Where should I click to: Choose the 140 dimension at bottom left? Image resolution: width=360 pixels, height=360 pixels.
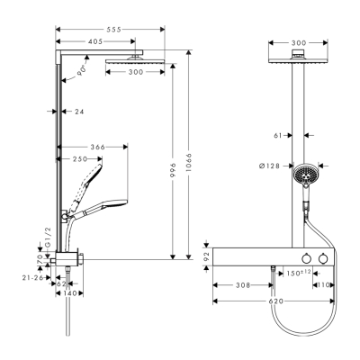tap(68, 293)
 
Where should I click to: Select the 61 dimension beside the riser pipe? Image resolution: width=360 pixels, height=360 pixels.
tap(280, 136)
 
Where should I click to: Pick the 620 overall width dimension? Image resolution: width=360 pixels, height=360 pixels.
tap(274, 302)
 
